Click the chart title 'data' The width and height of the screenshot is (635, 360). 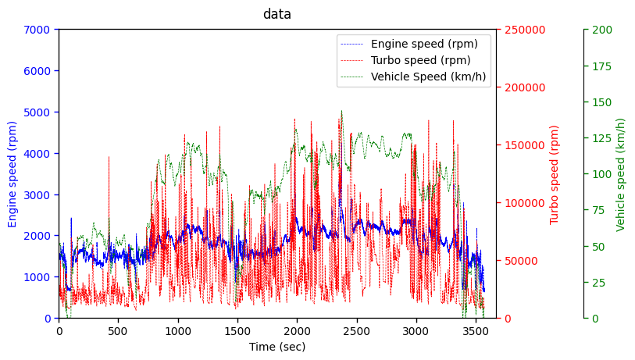click(x=276, y=14)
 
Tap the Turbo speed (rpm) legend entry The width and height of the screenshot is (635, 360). click(x=420, y=60)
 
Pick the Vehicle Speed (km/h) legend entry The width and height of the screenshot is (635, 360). click(x=428, y=77)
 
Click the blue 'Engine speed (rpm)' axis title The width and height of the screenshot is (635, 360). click(x=12, y=173)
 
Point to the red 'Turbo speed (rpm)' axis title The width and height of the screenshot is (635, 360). click(x=555, y=174)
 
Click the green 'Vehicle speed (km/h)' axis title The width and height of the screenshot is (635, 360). click(x=621, y=174)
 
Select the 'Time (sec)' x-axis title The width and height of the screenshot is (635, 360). click(x=277, y=347)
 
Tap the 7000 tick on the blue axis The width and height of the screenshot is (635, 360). click(x=37, y=30)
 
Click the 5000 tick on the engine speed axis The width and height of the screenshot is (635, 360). click(x=37, y=112)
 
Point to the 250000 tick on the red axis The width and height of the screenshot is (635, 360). click(x=524, y=30)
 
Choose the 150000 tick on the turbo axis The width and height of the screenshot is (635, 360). click(x=524, y=145)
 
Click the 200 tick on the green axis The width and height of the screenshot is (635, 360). click(x=602, y=30)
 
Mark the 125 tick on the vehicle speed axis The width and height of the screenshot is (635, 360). click(x=602, y=138)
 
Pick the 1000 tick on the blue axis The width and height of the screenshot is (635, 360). click(x=37, y=276)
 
